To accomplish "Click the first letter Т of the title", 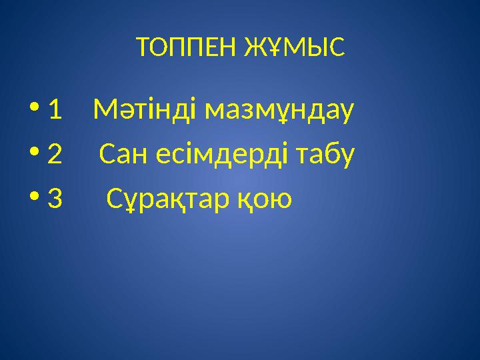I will point(141,47).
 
